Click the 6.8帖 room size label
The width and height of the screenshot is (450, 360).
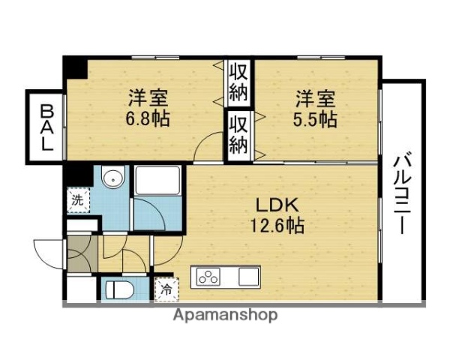[x=147, y=118]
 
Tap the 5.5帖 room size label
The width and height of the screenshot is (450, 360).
[x=314, y=118]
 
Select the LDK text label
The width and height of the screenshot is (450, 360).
[x=279, y=204]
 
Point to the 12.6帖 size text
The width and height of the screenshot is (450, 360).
[x=279, y=224]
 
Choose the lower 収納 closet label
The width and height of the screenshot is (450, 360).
[x=238, y=135]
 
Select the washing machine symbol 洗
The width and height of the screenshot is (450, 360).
[x=77, y=199]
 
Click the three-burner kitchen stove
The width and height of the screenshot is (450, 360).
[x=209, y=277]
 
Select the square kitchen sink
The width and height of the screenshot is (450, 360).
[x=247, y=277]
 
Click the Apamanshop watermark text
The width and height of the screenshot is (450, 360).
[x=225, y=315]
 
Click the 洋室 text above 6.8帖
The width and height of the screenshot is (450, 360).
[x=147, y=98]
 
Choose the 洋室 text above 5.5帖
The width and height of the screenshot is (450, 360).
[x=314, y=98]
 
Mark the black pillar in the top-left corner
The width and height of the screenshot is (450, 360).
[x=74, y=66]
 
